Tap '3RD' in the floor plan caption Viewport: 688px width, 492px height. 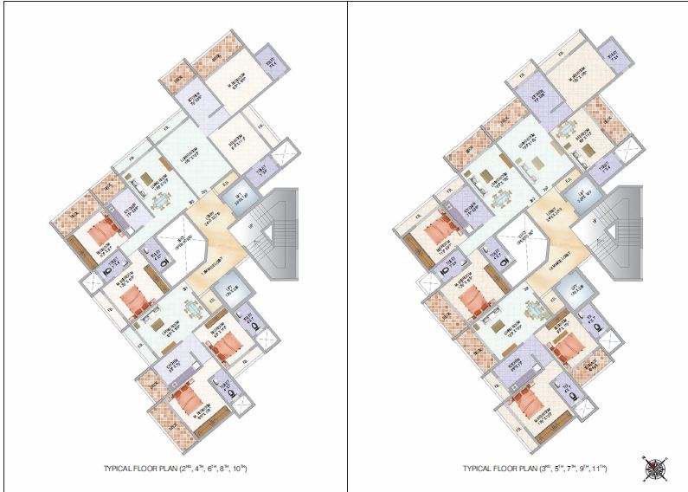[x=543, y=468]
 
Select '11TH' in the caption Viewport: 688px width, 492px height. [x=601, y=468]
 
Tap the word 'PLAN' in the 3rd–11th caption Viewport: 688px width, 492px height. [x=524, y=469]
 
